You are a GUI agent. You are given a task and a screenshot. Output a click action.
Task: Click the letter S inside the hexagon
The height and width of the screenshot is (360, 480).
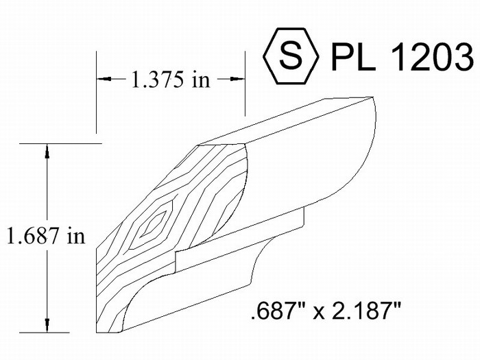click(x=291, y=56)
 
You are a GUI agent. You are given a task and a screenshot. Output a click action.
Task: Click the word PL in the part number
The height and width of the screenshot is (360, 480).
click(x=353, y=57)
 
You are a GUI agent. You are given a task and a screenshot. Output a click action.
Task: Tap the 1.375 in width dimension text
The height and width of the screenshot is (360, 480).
click(x=171, y=80)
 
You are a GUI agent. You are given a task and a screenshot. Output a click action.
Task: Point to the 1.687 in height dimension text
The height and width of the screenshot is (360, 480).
click(x=46, y=235)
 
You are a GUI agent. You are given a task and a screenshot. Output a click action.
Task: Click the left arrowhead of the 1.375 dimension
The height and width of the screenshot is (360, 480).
click(x=104, y=79)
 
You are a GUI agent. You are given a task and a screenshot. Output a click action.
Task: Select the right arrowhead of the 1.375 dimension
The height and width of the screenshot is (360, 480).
click(x=237, y=79)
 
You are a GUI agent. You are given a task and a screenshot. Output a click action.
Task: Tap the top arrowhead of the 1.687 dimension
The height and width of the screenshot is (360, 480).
click(x=47, y=151)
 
